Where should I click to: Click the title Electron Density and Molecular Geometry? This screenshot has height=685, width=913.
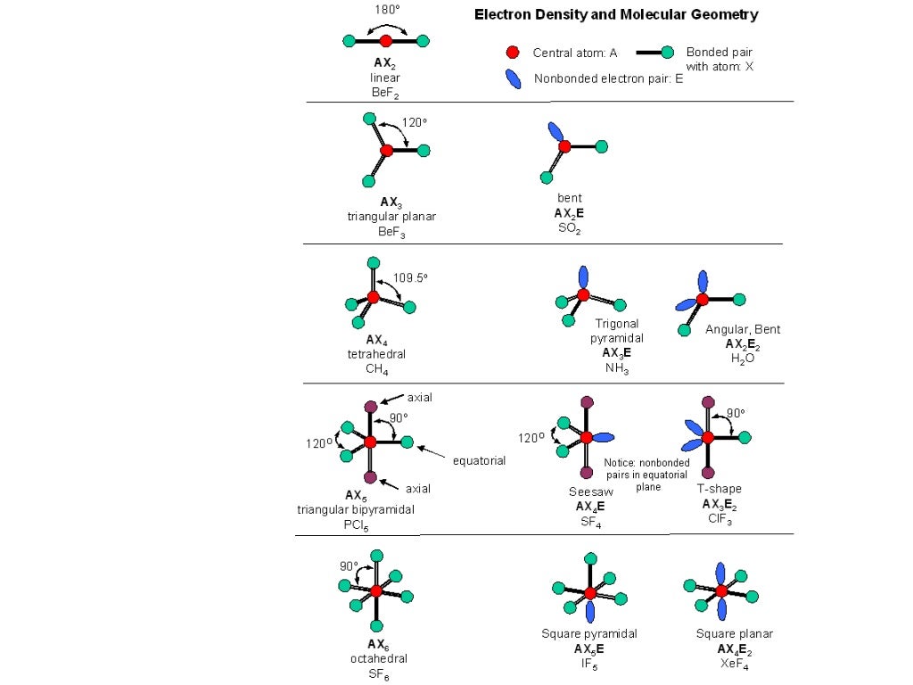point(615,14)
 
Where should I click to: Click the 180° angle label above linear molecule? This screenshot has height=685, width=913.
point(386,9)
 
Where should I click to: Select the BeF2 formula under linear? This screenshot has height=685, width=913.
point(386,92)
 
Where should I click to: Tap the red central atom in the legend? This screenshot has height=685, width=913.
point(513,53)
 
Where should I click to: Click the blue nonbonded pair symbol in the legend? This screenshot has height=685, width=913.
point(513,78)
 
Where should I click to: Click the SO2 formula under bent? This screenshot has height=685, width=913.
point(570,228)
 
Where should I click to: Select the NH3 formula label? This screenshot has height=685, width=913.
point(616,368)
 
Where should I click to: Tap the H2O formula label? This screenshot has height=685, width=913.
point(742,359)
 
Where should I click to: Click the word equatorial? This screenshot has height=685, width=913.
point(479,461)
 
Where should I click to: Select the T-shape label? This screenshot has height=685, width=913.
point(719,489)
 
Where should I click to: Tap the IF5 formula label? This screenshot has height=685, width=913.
point(589,664)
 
